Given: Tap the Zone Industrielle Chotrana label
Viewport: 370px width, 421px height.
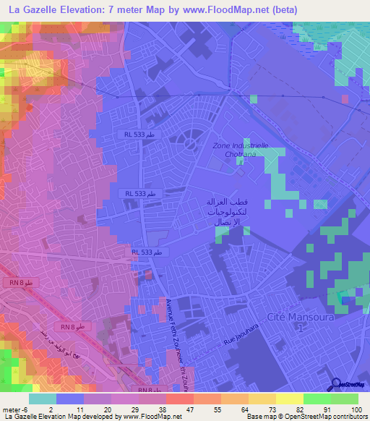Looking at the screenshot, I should pyautogui.click(x=241, y=149).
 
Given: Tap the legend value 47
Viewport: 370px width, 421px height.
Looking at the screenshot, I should pyautogui.click(x=179, y=409).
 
